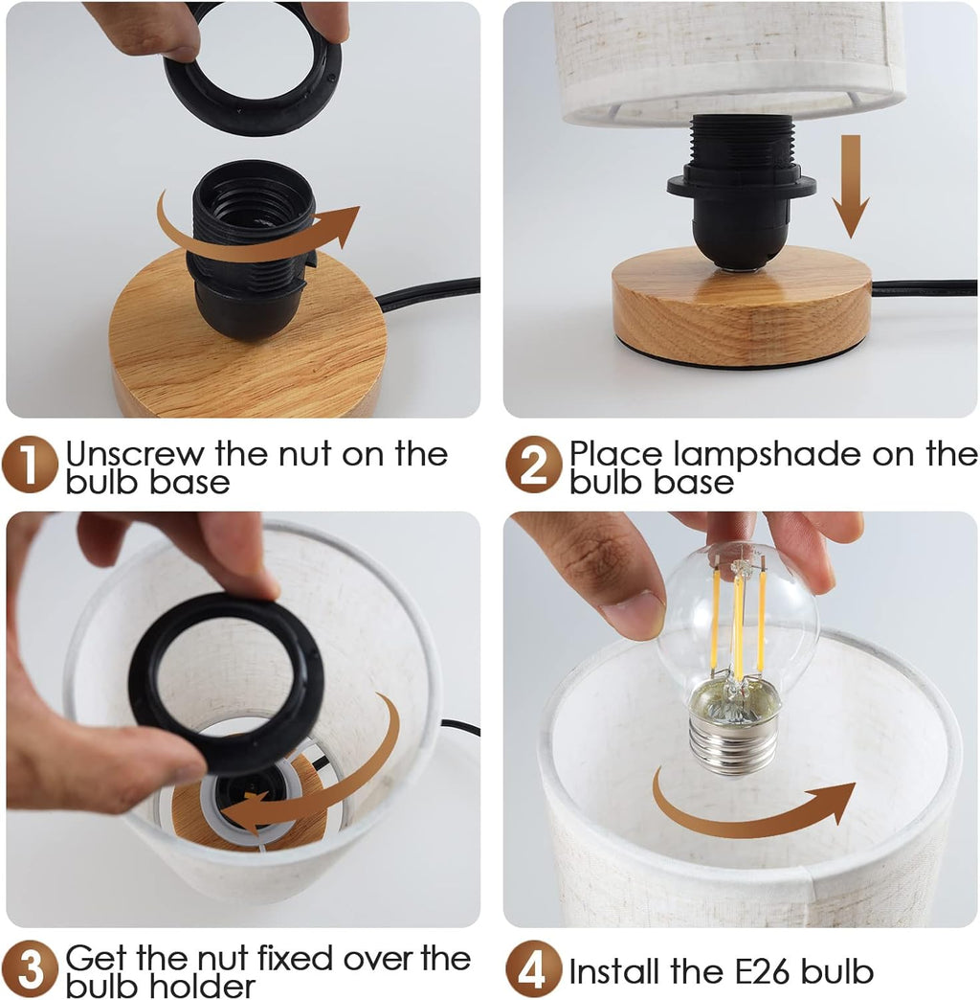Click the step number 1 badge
[30, 465]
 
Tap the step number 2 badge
[534, 465]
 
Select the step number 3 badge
[30, 968]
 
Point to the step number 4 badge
[534, 968]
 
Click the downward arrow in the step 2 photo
[851, 186]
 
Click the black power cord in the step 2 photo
[924, 288]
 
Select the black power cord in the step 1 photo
[428, 293]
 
